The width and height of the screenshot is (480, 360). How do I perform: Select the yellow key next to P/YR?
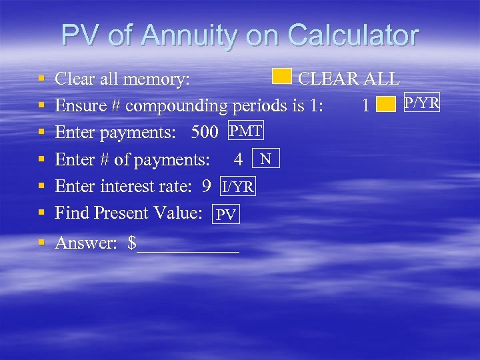pos(386,105)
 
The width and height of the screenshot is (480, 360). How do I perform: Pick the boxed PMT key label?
pos(245,131)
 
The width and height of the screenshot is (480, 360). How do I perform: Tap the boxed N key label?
pos(266,159)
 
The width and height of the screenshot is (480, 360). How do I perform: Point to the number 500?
pos(205,133)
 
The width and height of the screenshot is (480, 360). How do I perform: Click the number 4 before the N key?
pos(238,160)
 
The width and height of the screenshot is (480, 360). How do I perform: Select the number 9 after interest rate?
pos(207,186)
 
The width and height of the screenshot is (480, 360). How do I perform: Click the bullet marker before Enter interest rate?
pos(41,186)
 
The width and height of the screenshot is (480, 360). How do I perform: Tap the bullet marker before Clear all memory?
pos(41,79)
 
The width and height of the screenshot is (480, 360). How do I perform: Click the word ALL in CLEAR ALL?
pos(381,79)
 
